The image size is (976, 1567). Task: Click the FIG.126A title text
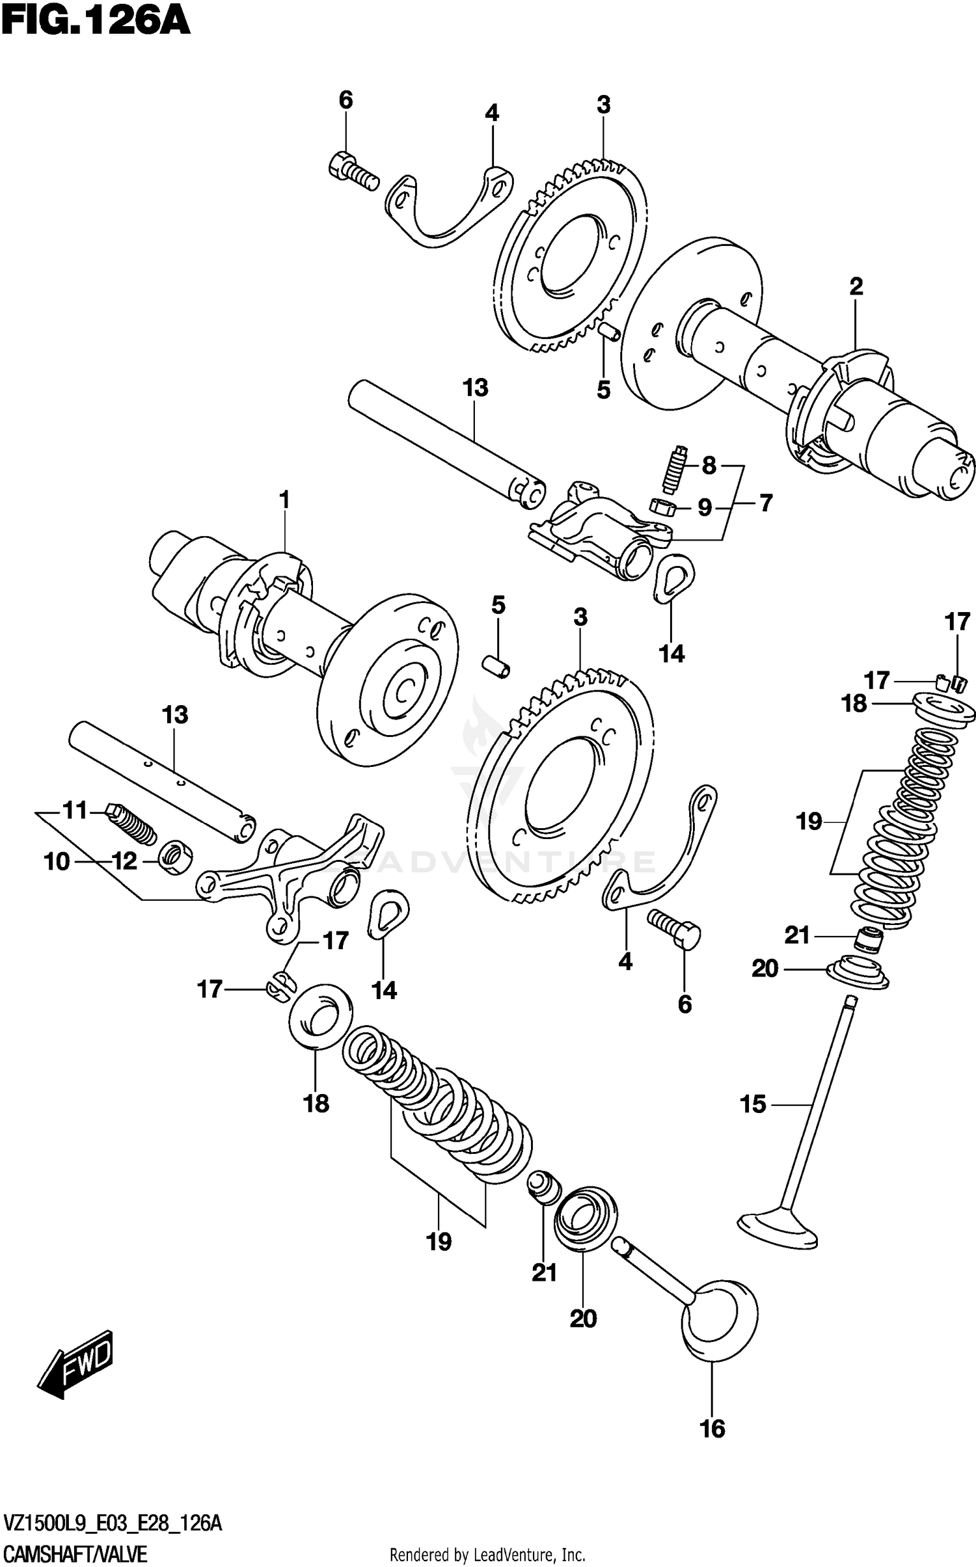coord(96,21)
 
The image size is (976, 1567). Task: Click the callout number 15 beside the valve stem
coord(753,1104)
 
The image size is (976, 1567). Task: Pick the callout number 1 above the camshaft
coord(284,500)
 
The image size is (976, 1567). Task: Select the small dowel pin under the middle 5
coord(497,667)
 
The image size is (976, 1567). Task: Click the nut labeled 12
coord(175,857)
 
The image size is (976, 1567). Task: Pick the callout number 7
coord(766,503)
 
